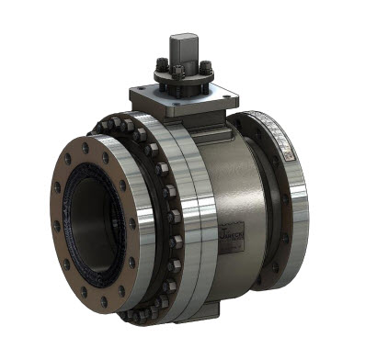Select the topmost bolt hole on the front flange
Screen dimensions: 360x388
coord(87,147)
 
